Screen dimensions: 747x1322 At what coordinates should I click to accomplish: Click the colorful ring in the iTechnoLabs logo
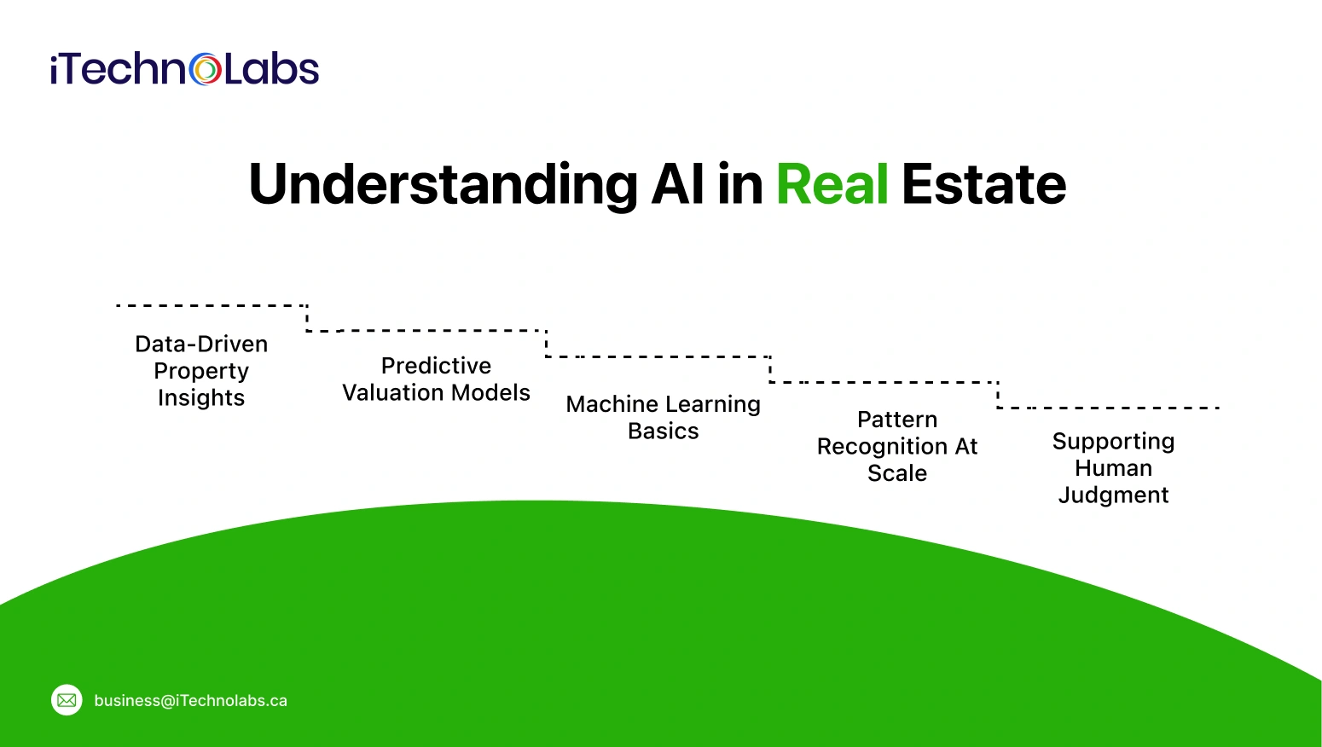pos(206,69)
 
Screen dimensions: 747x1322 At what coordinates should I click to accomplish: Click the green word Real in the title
pos(832,184)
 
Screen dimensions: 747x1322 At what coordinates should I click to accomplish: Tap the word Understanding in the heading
pos(442,184)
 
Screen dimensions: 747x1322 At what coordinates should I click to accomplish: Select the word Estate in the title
pos(983,184)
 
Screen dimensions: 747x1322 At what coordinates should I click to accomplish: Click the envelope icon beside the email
pos(67,700)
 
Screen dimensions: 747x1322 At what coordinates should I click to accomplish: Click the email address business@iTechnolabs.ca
pos(190,701)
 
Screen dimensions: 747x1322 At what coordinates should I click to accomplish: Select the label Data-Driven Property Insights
pos(201,371)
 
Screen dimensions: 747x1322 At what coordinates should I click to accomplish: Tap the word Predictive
pos(436,366)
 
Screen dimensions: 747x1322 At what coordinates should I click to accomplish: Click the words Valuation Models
pos(436,393)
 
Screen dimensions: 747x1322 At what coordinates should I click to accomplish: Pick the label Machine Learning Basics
pos(663,417)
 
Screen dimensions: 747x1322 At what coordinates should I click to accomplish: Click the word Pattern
pos(896,420)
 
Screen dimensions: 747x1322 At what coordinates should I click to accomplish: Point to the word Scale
pos(896,473)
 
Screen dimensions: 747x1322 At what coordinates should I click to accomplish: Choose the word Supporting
pos(1113,442)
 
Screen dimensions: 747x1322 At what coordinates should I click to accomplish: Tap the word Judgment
pos(1113,495)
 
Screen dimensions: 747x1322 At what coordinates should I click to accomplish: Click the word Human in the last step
pos(1113,468)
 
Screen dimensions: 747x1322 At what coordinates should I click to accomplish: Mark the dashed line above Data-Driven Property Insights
pos(211,305)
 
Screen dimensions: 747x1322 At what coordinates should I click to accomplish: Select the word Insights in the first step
pos(201,398)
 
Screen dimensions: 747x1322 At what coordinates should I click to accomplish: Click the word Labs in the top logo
pos(272,69)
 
